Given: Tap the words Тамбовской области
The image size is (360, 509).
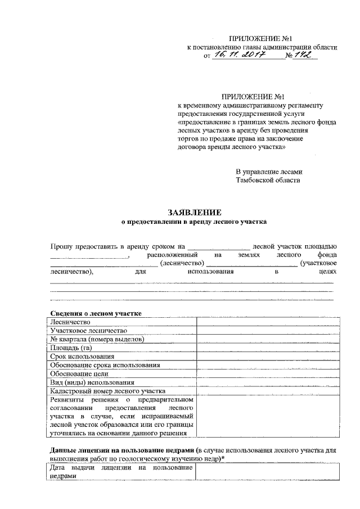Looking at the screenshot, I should point(268,181).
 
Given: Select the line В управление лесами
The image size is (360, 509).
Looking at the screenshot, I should point(269,172).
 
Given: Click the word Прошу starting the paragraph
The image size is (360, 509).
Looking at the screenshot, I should point(61,246).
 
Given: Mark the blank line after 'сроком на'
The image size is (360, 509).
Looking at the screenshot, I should point(219,247).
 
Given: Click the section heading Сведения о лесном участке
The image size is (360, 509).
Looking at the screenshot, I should point(96,313).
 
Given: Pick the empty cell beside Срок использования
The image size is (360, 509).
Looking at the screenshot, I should point(267,356).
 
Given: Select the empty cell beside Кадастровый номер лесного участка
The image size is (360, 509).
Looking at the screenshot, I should point(267,390).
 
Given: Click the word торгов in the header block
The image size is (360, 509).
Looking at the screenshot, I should point(188,138).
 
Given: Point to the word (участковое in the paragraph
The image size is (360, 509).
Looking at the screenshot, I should point(319,263).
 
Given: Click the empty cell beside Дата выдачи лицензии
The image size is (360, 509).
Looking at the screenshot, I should point(267,472).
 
